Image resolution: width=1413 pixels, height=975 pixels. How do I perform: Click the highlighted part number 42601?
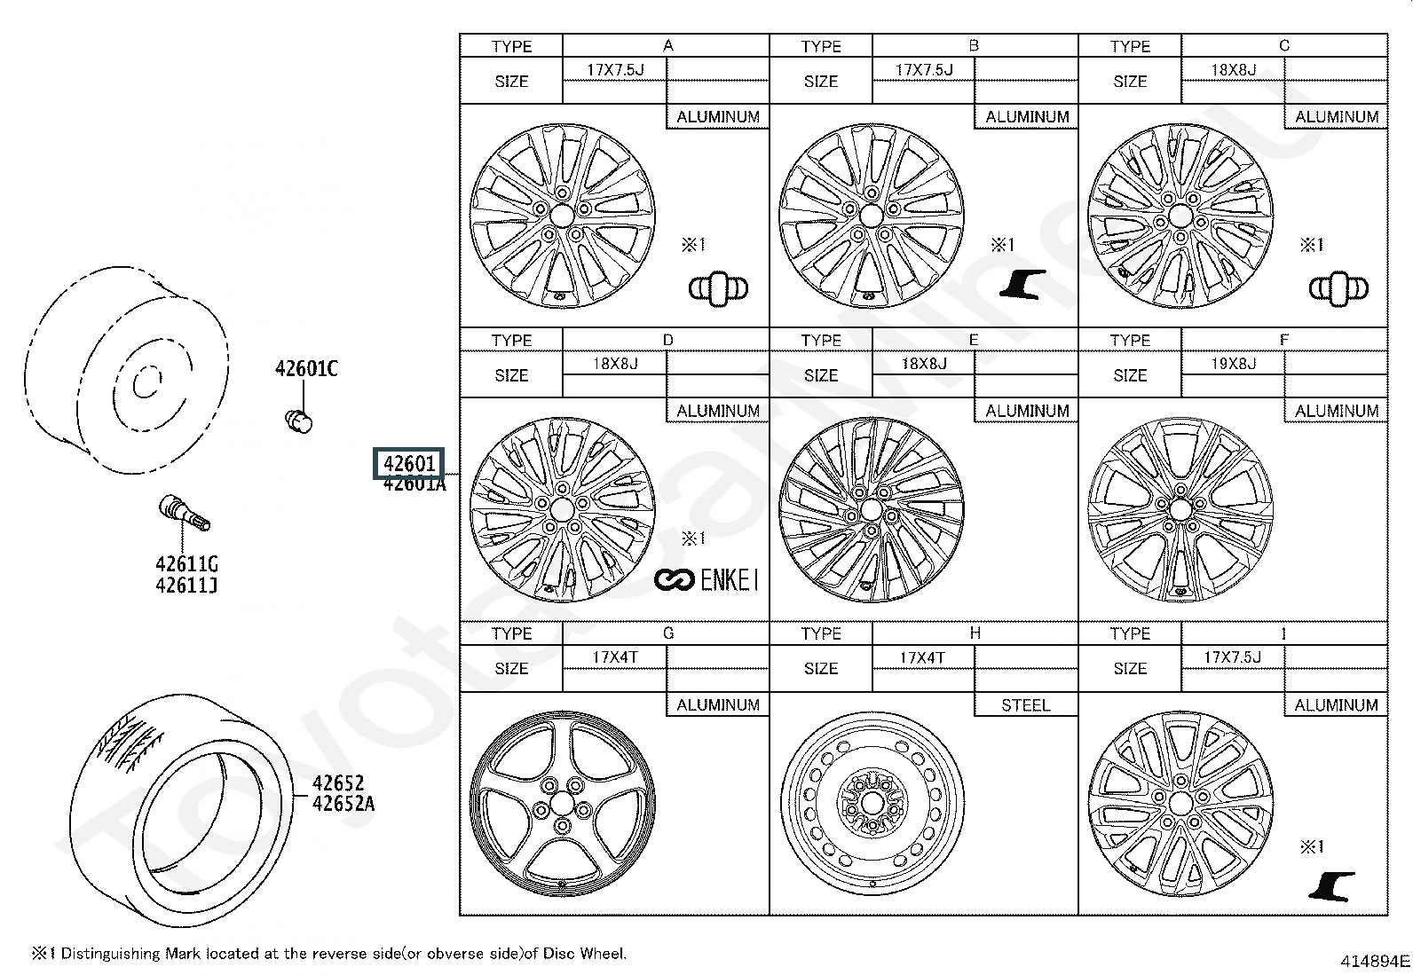tap(408, 463)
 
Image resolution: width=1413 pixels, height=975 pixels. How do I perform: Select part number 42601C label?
tap(306, 369)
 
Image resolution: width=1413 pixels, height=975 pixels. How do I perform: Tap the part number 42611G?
tap(186, 564)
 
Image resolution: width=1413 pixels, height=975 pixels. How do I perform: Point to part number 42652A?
tap(343, 804)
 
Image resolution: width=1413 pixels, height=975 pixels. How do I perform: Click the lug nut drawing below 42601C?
tap(299, 421)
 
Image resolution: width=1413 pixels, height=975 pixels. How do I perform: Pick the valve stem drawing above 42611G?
tap(183, 513)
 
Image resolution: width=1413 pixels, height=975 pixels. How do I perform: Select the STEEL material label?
tap(1025, 705)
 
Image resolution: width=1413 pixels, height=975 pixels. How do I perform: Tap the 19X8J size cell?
tap(1233, 363)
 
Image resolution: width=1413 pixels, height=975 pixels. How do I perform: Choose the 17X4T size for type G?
tap(614, 657)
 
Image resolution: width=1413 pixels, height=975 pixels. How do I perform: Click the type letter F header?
tap(1283, 340)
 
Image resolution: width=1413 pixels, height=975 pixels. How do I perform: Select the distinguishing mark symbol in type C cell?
tap(1338, 288)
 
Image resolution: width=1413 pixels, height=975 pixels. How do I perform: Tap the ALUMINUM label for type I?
tap(1336, 705)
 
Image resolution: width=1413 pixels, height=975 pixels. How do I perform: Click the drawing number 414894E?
tap(1375, 961)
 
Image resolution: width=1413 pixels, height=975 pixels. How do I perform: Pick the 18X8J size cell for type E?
tap(924, 363)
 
